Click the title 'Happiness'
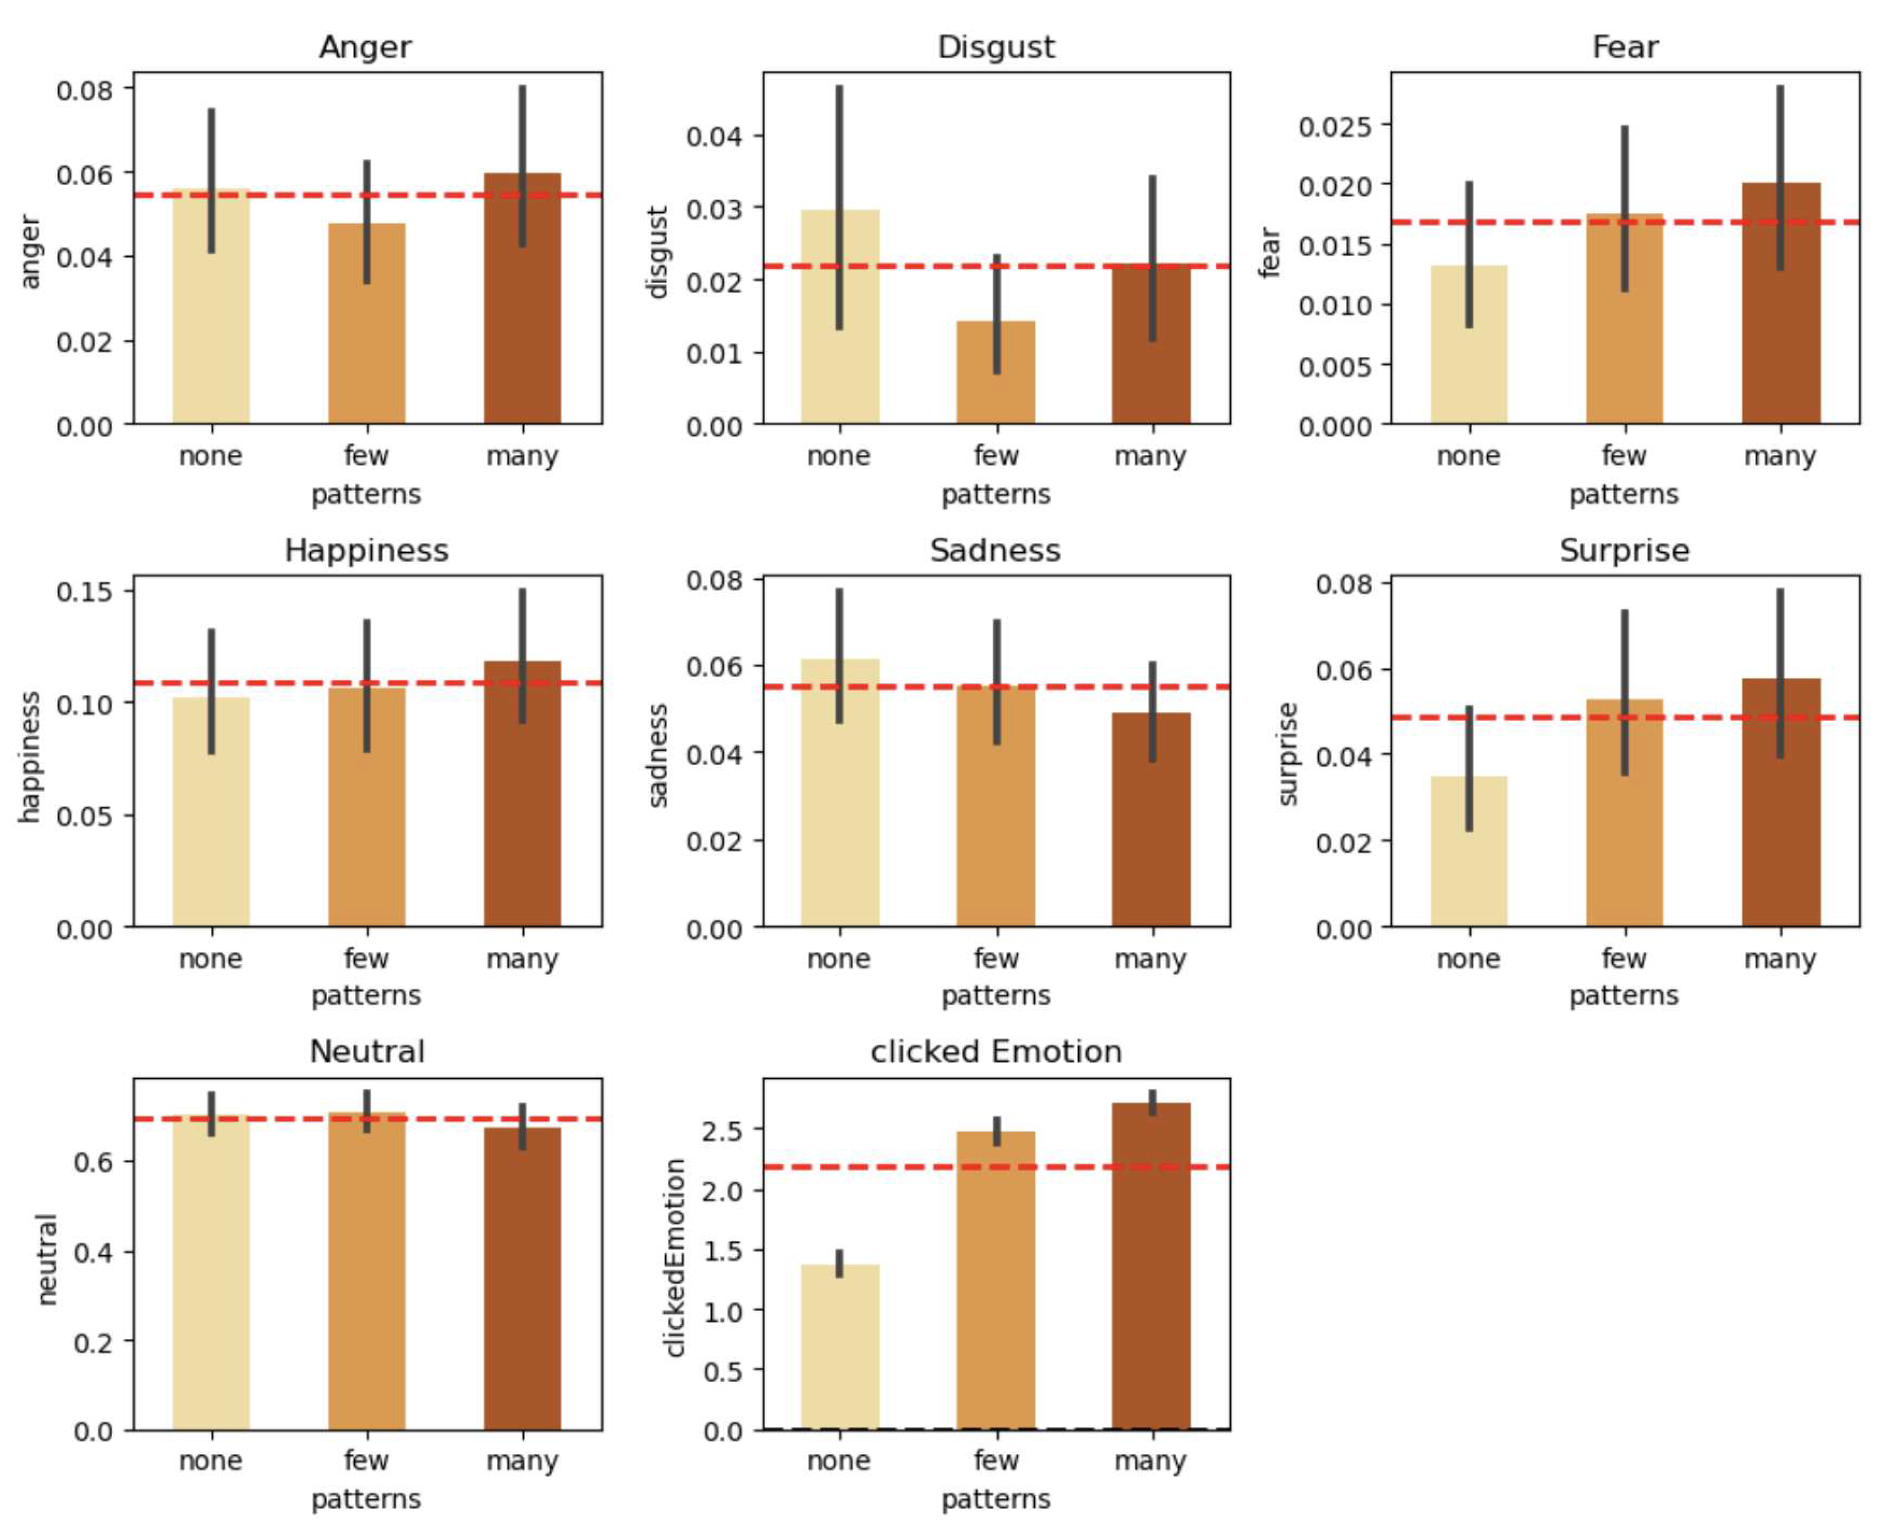click(366, 550)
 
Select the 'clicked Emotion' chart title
click(995, 1051)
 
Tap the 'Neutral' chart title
click(366, 1051)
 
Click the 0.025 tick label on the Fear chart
click(1334, 127)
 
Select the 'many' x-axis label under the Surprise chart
click(1779, 958)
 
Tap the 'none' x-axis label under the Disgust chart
click(838, 456)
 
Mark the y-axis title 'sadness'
click(657, 755)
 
